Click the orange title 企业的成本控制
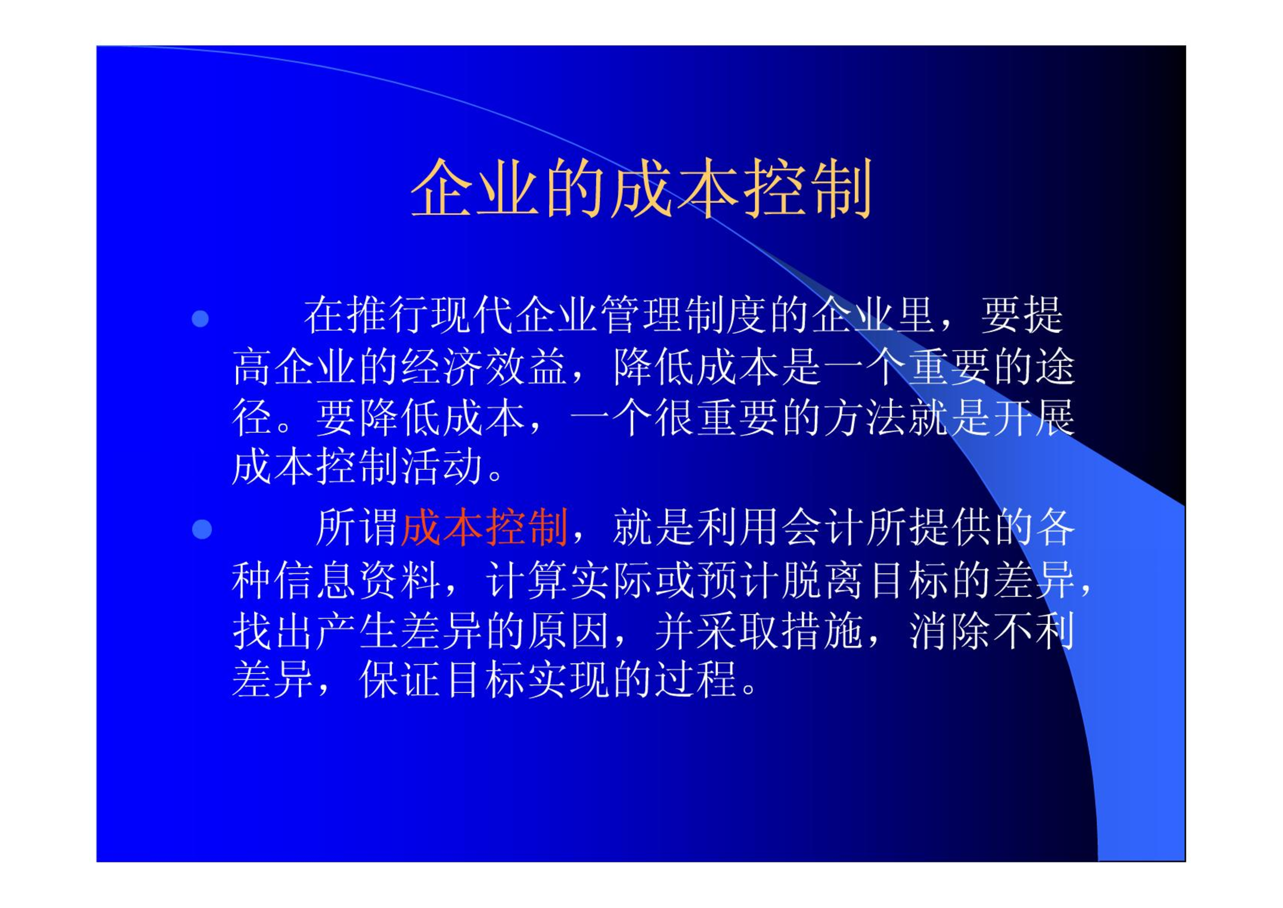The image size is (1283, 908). pyautogui.click(x=641, y=188)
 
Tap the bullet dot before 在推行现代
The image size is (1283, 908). pyautogui.click(x=200, y=318)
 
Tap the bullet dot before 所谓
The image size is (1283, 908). pyautogui.click(x=202, y=529)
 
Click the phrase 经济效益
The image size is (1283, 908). pyautogui.click(x=484, y=366)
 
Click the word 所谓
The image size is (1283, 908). pyautogui.click(x=358, y=527)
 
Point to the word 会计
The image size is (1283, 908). pyautogui.click(x=824, y=527)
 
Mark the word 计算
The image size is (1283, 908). pyautogui.click(x=527, y=580)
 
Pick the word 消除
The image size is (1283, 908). pyautogui.click(x=950, y=631)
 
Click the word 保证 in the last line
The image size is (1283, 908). pyautogui.click(x=401, y=680)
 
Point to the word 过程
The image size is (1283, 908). pyautogui.click(x=697, y=680)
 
